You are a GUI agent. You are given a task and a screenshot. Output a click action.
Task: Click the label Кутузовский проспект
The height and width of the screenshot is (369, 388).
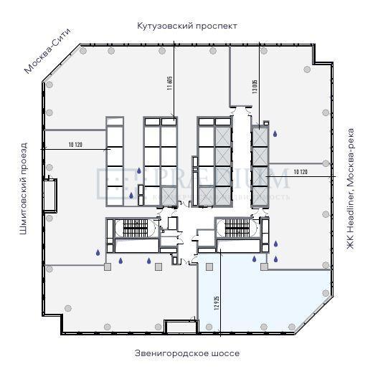pyautogui.click(x=187, y=26)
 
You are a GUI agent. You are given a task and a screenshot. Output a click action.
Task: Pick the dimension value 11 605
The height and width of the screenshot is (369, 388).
pyautogui.click(x=170, y=85)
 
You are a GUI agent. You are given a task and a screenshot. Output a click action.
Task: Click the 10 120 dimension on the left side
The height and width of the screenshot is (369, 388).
pyautogui.click(x=75, y=145)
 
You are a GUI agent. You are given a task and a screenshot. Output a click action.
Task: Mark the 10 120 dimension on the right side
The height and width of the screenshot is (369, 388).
pyautogui.click(x=301, y=173)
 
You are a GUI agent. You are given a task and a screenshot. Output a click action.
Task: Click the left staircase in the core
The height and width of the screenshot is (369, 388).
pyautogui.click(x=135, y=228)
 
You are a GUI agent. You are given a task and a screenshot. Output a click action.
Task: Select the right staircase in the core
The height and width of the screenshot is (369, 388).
pyautogui.click(x=236, y=228)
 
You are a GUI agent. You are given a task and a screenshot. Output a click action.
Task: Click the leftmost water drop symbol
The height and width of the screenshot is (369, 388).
pyautogui.click(x=98, y=251)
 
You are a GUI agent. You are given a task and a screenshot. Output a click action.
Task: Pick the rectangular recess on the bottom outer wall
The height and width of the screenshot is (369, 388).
pyautogui.click(x=179, y=328)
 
